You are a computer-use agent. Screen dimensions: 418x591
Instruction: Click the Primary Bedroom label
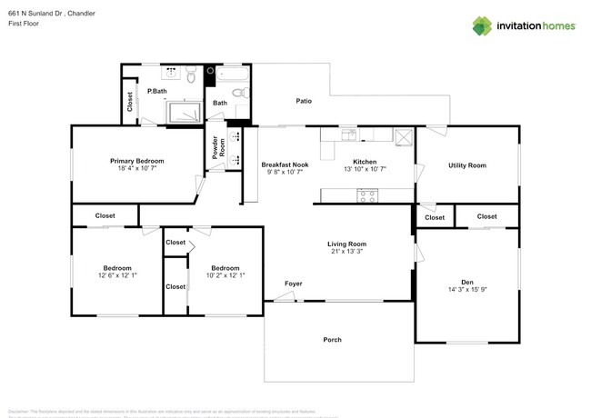point(137,160)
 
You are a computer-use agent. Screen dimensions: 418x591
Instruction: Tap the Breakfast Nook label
point(287,164)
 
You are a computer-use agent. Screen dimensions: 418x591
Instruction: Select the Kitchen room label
point(365,161)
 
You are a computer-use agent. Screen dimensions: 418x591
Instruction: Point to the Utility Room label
point(466,165)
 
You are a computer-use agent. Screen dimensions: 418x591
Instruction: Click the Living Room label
point(346,244)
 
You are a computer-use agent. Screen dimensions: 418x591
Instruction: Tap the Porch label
point(333,340)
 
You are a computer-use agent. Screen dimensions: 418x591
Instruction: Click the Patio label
point(304,101)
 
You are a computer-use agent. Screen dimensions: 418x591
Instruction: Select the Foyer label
point(293,284)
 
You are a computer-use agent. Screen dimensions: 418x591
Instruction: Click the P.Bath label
point(156,91)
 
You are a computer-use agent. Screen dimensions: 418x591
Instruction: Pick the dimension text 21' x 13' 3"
point(346,253)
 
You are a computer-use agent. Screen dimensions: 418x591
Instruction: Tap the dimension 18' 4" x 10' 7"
point(137,169)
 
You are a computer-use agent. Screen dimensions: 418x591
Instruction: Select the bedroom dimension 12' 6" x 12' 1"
point(117,276)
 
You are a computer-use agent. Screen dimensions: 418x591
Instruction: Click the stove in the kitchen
point(366,194)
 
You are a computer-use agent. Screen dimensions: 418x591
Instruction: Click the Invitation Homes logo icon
point(483,25)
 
